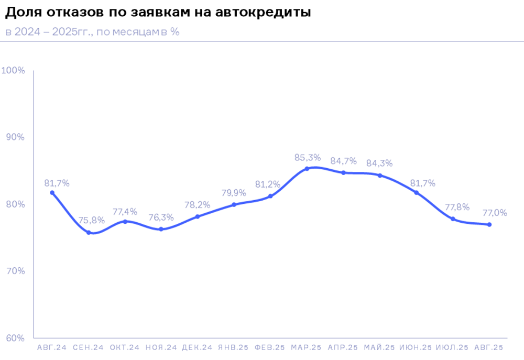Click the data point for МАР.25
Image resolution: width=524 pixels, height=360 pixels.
pyautogui.click(x=307, y=169)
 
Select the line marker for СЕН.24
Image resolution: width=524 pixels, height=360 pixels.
pyautogui.click(x=89, y=232)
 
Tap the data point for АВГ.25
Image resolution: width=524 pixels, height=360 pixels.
pyautogui.click(x=489, y=224)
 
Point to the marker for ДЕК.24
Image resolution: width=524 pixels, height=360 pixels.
pyautogui.click(x=198, y=216)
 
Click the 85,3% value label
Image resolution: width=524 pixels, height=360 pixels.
pyautogui.click(x=307, y=157)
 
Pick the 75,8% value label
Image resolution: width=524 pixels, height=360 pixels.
pyautogui.click(x=92, y=220)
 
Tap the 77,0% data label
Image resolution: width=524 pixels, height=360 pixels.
pyautogui.click(x=494, y=213)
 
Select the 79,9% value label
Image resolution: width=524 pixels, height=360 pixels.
pyautogui.click(x=234, y=193)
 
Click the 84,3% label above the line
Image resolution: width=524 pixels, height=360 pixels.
pyautogui.click(x=379, y=163)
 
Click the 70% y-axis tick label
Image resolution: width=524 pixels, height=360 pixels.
pyautogui.click(x=15, y=271)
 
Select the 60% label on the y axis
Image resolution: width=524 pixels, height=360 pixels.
pyautogui.click(x=15, y=338)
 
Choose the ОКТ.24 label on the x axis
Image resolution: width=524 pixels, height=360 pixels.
pyautogui.click(x=125, y=348)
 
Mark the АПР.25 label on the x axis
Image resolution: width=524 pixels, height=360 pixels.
pyautogui.click(x=343, y=348)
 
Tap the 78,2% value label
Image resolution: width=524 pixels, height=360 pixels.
pyautogui.click(x=198, y=204)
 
